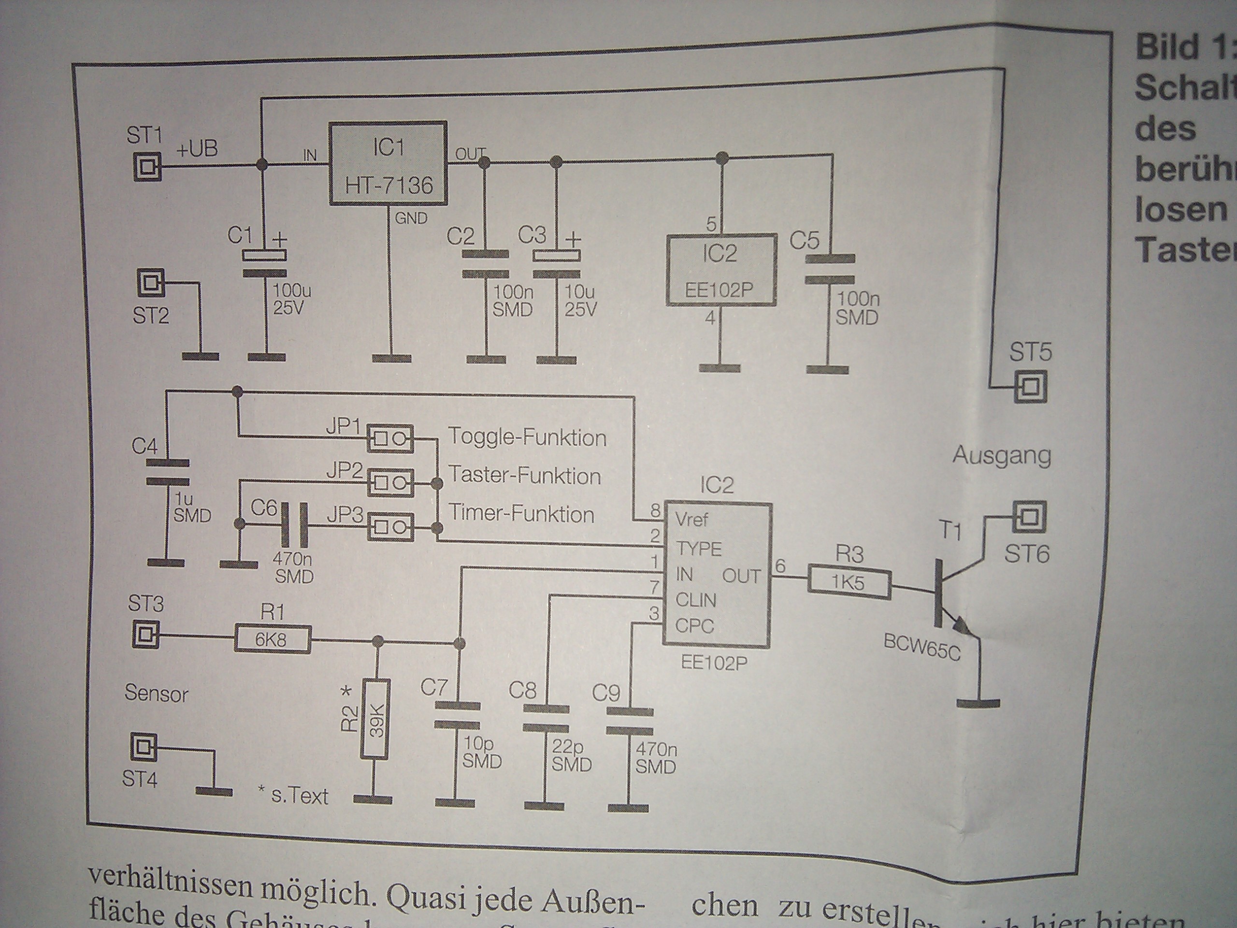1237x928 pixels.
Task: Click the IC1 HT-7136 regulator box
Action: [x=388, y=163]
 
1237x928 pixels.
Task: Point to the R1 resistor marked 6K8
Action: [x=272, y=639]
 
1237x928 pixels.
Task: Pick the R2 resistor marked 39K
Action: [x=376, y=719]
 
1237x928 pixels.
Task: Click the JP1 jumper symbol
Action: [x=390, y=438]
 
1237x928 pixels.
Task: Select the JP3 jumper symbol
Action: [x=390, y=527]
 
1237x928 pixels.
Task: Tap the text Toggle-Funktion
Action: [x=527, y=437]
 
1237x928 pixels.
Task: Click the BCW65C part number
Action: [x=921, y=648]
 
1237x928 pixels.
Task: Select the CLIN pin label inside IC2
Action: [x=695, y=600]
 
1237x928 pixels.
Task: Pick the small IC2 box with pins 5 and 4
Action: [x=721, y=270]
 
